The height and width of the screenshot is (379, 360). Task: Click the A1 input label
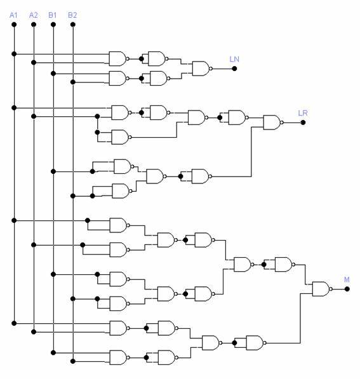click(13, 15)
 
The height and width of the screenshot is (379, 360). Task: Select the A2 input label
click(34, 15)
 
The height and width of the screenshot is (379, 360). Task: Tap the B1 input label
click(53, 15)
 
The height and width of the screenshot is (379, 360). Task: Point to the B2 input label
click(72, 15)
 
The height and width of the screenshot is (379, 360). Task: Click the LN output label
click(234, 59)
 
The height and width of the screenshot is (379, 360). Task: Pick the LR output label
click(303, 113)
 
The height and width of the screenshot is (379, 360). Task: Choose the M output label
click(347, 280)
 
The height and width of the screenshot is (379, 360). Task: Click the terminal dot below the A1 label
click(14, 24)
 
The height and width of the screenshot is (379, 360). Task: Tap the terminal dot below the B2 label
click(73, 24)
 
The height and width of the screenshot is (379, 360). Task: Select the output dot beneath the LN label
click(234, 69)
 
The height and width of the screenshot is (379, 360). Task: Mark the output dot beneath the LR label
click(303, 123)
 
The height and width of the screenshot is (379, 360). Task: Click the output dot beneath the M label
click(347, 289)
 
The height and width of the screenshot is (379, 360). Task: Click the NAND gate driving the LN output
click(201, 69)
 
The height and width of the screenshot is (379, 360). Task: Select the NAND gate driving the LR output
click(272, 123)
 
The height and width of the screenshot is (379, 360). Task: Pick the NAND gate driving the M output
click(321, 289)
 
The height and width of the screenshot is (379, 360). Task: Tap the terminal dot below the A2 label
click(34, 24)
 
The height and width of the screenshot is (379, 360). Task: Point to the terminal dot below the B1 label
click(53, 24)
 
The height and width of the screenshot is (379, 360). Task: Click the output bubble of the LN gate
click(211, 69)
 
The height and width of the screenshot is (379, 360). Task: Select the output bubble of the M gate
click(331, 289)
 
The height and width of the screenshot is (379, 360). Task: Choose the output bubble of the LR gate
click(282, 123)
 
